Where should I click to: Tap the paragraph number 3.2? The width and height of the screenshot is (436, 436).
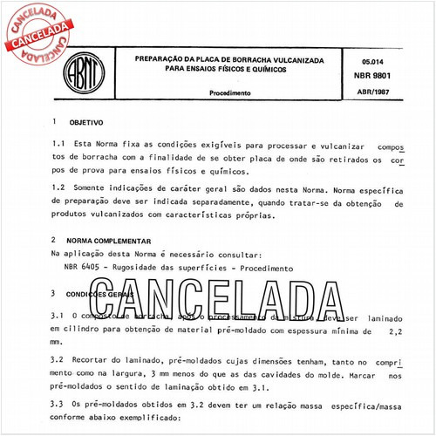pyautogui.click(x=58, y=358)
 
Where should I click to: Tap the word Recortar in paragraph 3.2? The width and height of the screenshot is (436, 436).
pyautogui.click(x=94, y=358)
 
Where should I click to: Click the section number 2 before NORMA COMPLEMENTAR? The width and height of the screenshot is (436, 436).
pyautogui.click(x=55, y=240)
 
